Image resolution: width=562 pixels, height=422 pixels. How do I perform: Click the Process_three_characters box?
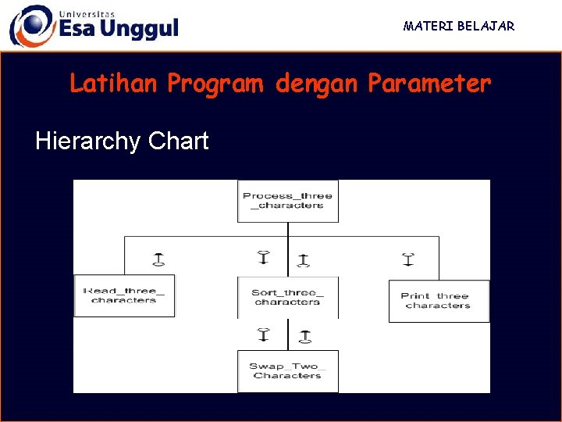287,201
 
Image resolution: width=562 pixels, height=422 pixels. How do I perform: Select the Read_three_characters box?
124,295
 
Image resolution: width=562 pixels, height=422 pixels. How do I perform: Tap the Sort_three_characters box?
287,297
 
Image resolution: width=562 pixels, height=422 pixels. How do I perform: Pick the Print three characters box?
439,301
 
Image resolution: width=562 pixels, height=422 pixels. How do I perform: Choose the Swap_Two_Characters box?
287,371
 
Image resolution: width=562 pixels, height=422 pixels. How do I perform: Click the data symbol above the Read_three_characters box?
158,259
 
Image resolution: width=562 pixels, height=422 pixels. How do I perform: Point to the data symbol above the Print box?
407,259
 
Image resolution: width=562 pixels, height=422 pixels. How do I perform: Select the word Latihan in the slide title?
114,83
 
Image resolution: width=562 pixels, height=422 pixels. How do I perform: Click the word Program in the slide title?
215,84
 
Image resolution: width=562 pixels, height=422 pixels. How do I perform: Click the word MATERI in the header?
429,26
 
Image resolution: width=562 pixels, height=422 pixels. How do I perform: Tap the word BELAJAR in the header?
487,26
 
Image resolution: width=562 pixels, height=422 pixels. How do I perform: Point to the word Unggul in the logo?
140,30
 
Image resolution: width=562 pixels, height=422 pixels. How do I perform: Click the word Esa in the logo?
78,29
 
